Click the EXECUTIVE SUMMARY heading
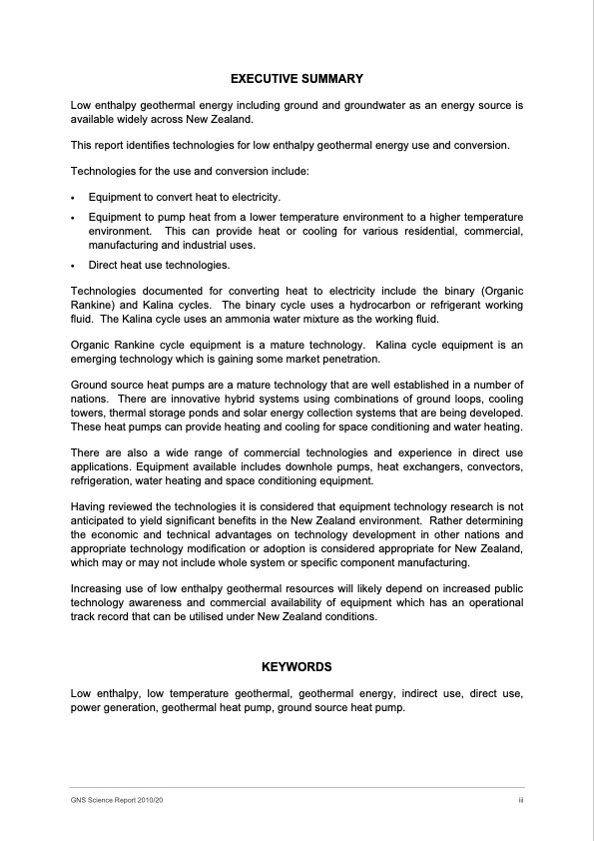[x=297, y=78]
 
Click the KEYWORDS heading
[x=297, y=666]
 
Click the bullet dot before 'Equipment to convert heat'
[x=74, y=198]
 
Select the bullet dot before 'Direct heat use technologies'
[x=74, y=266]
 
